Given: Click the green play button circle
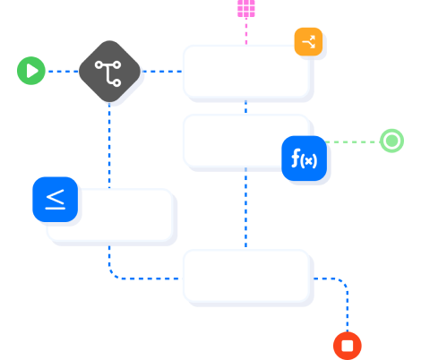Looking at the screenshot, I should point(31,71).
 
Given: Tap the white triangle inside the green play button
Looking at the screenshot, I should point(32,71).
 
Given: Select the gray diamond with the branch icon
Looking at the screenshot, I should point(110,72).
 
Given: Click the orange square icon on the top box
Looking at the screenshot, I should point(308,41).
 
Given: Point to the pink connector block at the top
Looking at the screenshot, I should point(246,8).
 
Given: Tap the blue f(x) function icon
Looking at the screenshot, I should point(304,159).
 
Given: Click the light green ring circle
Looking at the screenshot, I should point(391,141).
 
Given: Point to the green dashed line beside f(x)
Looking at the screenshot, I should point(353,141).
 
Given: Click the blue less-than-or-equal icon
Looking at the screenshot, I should point(56,199).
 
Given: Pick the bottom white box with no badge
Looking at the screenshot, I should point(247,277).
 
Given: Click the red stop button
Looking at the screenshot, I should point(348,345).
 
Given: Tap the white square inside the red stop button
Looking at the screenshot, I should point(348,345).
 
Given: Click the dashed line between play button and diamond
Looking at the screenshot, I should point(63,71).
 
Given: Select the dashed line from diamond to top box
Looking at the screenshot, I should point(161,71).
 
